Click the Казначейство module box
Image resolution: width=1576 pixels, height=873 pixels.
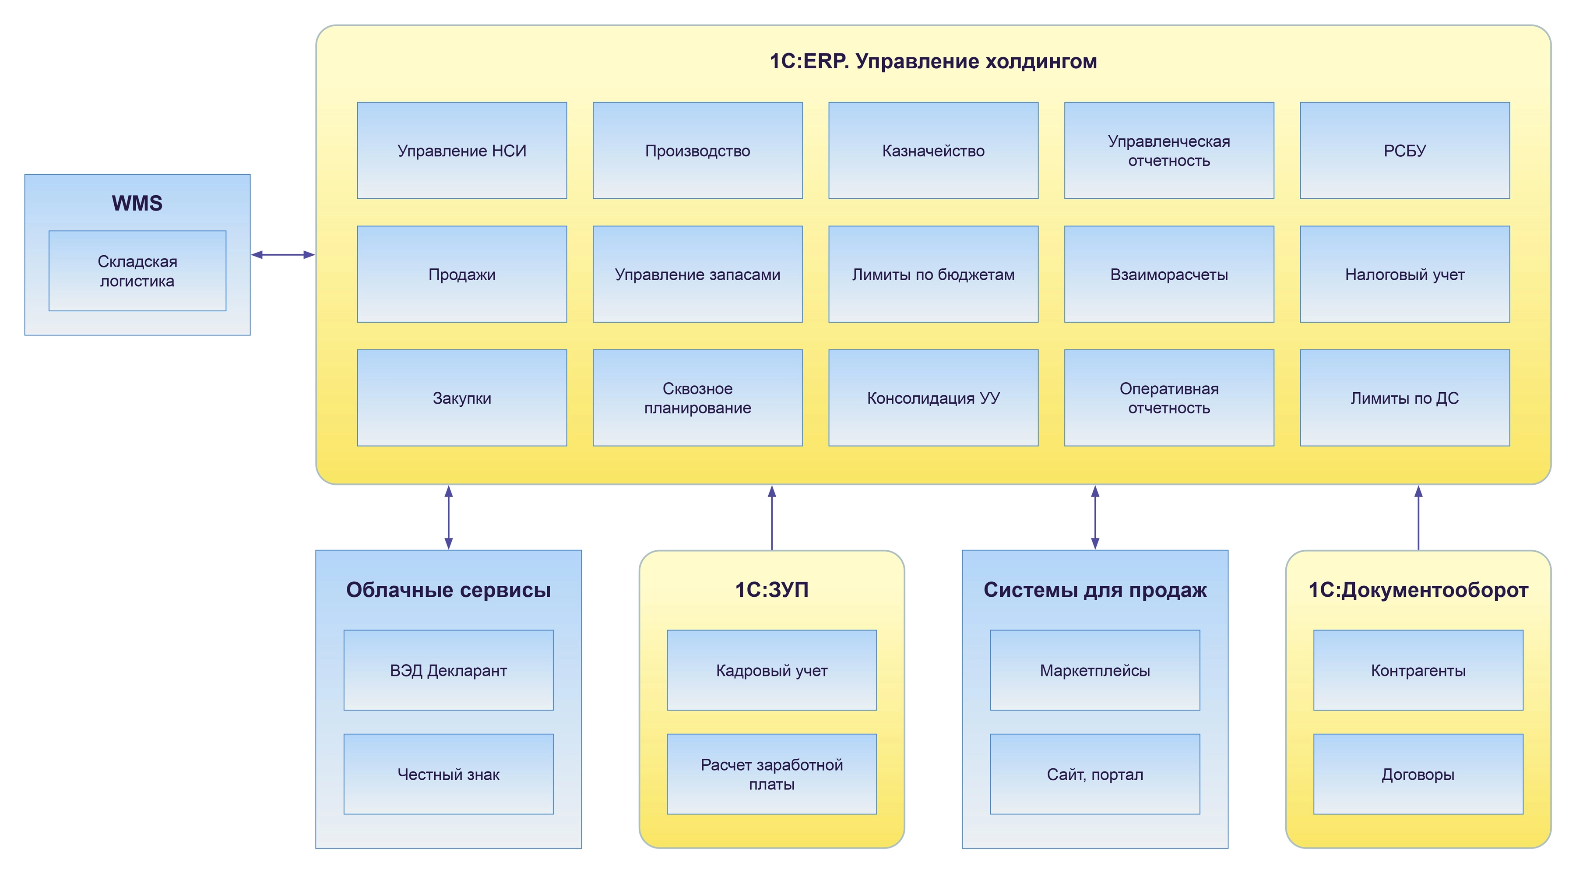(933, 151)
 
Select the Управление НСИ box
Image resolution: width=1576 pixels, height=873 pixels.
(461, 151)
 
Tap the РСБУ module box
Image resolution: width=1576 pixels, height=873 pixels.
(1405, 151)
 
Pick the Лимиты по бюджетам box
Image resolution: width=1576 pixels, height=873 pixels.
(933, 274)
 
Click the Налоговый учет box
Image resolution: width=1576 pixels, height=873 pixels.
(1405, 274)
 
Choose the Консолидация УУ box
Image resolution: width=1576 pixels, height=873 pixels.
(933, 398)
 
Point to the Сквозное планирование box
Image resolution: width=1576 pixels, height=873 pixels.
(697, 398)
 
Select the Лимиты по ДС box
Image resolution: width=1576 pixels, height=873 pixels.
(1405, 398)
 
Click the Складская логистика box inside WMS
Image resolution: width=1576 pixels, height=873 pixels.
(137, 271)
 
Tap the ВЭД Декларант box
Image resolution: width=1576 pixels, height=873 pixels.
(448, 670)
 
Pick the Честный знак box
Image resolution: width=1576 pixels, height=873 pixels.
(448, 774)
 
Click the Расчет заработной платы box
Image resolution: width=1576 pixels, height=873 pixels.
(771, 774)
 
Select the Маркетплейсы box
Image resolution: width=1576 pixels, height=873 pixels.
(1094, 670)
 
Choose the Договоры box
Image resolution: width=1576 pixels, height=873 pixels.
(1418, 774)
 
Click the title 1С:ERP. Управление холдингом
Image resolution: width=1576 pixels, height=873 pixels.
(933, 61)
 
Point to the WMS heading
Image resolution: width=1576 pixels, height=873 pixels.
(137, 203)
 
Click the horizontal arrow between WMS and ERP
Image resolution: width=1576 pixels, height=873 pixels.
(283, 254)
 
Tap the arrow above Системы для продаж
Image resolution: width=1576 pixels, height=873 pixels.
(1094, 517)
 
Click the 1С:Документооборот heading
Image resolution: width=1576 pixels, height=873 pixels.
(1418, 590)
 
